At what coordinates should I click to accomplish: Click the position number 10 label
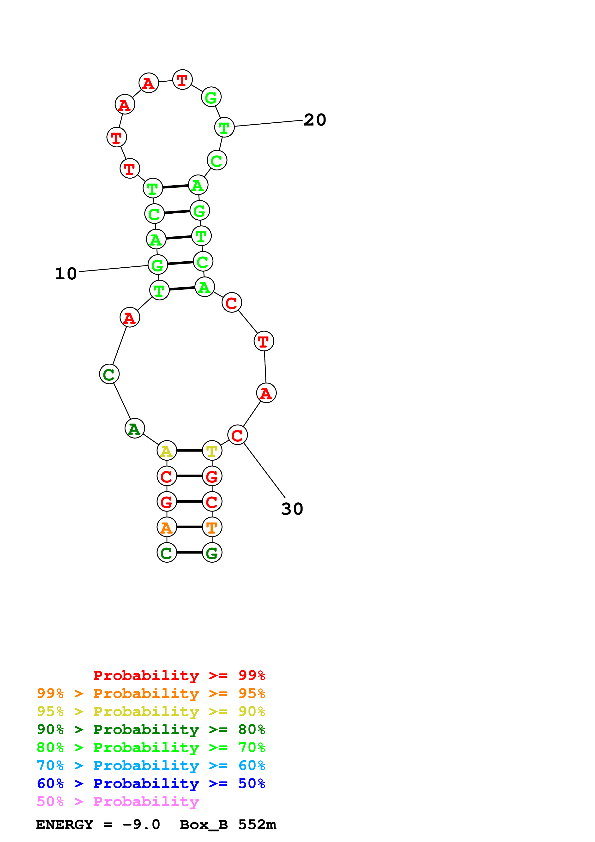[66, 274]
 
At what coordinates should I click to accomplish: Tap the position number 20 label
[315, 120]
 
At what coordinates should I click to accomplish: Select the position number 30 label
[292, 509]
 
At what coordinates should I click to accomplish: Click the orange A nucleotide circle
[167, 527]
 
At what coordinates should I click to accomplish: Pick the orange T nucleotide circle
[212, 527]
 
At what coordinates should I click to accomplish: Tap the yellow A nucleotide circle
[167, 451]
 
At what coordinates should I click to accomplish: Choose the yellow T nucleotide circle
[212, 451]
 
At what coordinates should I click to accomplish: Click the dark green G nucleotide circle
[212, 553]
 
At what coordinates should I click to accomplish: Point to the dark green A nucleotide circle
[135, 428]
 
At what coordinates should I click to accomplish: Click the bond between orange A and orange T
[189, 527]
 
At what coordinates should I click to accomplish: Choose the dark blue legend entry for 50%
[151, 784]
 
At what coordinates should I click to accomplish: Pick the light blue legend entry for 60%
[151, 766]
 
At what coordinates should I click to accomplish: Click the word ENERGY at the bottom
[65, 825]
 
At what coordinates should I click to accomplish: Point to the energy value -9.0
[142, 825]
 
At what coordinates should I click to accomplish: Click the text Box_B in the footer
[204, 825]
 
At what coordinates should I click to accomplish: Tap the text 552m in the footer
[257, 825]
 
